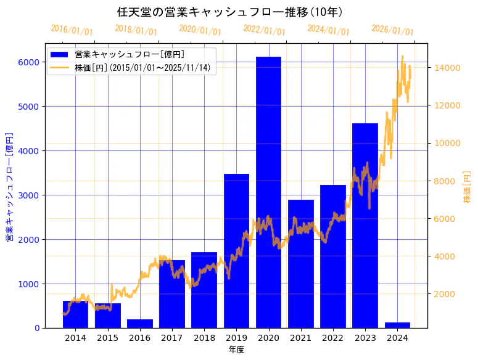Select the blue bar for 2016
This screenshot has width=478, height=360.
tap(140, 324)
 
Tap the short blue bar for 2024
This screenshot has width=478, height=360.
tap(397, 325)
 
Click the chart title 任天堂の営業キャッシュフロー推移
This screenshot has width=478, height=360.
tap(230, 12)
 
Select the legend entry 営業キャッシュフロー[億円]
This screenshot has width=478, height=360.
tap(129, 55)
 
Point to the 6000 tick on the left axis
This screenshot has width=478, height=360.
tap(28, 62)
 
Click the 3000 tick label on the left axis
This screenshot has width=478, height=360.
tap(28, 195)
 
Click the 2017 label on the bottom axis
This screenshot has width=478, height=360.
tap(172, 338)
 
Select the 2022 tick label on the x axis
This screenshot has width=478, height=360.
tap(333, 338)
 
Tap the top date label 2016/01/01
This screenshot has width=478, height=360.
tap(72, 30)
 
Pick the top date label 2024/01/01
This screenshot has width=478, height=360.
tap(328, 30)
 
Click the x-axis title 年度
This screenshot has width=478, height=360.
tap(236, 350)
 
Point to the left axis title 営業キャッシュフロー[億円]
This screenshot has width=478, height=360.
tap(9, 187)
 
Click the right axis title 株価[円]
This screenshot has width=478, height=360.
tap(467, 187)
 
